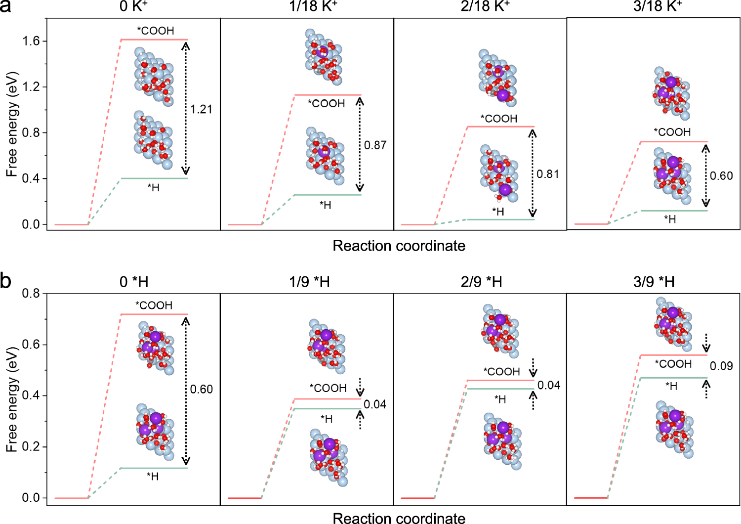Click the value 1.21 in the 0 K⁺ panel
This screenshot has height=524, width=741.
(x=202, y=109)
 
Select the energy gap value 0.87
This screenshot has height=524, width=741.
(x=375, y=145)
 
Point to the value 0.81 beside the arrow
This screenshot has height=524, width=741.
(x=548, y=174)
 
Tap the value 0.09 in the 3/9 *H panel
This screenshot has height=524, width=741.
(x=721, y=366)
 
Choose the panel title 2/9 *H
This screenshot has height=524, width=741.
(x=481, y=282)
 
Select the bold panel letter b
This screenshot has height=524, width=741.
(x=6, y=281)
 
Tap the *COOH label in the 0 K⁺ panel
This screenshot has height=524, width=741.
(x=156, y=31)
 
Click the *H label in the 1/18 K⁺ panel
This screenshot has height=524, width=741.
(x=325, y=205)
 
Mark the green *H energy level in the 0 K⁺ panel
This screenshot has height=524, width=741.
(x=154, y=178)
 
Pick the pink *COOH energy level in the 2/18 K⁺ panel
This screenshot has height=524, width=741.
(x=500, y=127)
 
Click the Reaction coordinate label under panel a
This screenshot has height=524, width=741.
(x=399, y=246)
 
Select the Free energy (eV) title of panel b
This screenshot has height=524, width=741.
(x=12, y=399)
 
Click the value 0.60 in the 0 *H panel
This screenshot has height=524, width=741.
(x=202, y=390)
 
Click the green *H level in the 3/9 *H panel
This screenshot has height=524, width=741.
(x=674, y=378)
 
